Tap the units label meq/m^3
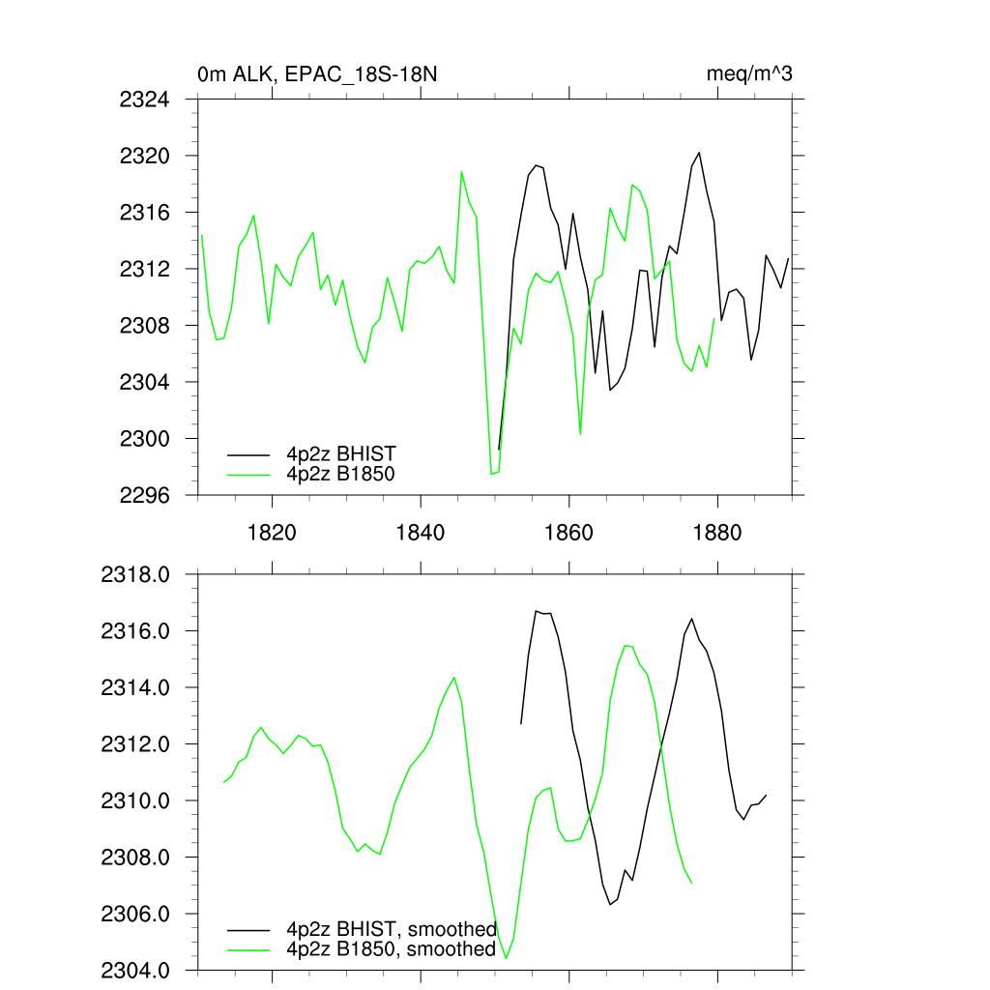[x=751, y=74]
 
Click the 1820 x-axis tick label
[x=272, y=532]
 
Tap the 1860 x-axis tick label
[x=569, y=532]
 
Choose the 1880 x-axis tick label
[x=718, y=532]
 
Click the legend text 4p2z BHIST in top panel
[x=341, y=453]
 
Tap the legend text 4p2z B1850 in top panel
[x=341, y=474]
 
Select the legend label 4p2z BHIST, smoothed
[x=392, y=929]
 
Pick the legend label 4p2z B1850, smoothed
[x=392, y=949]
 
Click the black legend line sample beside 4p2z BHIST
[x=248, y=453]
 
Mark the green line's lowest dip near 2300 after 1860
[x=580, y=434]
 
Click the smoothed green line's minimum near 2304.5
[x=507, y=958]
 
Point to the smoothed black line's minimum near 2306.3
[x=610, y=904]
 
